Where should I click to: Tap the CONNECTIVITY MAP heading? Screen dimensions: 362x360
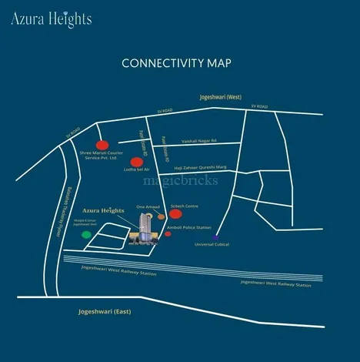pyautogui.click(x=176, y=63)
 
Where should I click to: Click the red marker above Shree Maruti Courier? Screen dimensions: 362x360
pyautogui.click(x=102, y=145)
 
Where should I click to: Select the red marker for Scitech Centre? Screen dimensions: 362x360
pyautogui.click(x=175, y=216)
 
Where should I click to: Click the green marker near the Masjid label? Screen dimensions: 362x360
pyautogui.click(x=86, y=234)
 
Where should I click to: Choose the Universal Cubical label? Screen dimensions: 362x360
pyautogui.click(x=212, y=244)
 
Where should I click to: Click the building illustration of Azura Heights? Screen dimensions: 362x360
pyautogui.click(x=143, y=229)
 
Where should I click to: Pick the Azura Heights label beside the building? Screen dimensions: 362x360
pyautogui.click(x=102, y=209)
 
